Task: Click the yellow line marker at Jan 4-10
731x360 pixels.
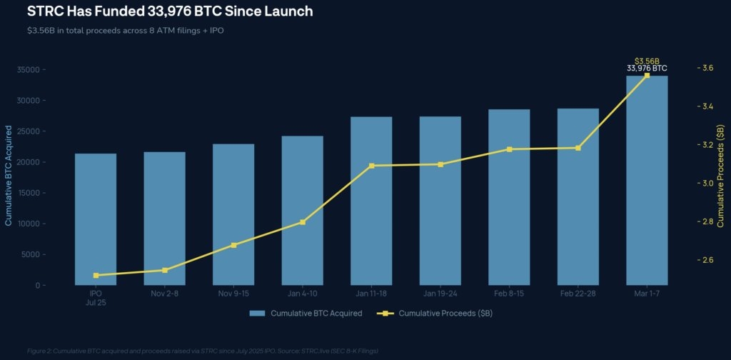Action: pyautogui.click(x=303, y=222)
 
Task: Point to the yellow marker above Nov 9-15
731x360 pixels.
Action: pyautogui.click(x=233, y=245)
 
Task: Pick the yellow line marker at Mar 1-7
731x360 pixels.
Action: pyautogui.click(x=647, y=75)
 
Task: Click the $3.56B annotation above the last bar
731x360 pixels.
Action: pyautogui.click(x=647, y=61)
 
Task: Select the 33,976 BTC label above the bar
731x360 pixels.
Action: pyautogui.click(x=647, y=69)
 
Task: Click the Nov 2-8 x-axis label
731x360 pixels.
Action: pyautogui.click(x=165, y=294)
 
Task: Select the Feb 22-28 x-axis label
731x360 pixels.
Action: pyautogui.click(x=578, y=294)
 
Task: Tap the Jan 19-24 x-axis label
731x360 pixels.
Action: pyautogui.click(x=440, y=294)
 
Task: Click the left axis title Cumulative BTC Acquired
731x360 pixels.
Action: pyautogui.click(x=9, y=176)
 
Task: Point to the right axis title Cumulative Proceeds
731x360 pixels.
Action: pyautogui.click(x=721, y=176)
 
